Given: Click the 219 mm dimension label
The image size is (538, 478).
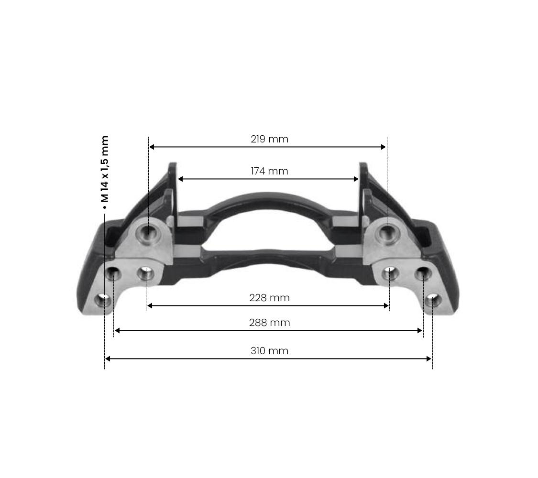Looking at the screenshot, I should pyautogui.click(x=269, y=139).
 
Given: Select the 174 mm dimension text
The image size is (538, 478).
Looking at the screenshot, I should pyautogui.click(x=269, y=171).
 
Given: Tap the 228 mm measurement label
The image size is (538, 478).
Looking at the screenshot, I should pyautogui.click(x=269, y=298).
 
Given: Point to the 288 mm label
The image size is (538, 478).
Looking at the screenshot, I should pyautogui.click(x=269, y=323).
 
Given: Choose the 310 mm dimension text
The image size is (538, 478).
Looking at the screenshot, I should pyautogui.click(x=269, y=351).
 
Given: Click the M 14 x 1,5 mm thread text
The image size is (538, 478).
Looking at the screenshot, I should pyautogui.click(x=105, y=170).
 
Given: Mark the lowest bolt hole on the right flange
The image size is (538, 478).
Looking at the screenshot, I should pyautogui.click(x=432, y=301).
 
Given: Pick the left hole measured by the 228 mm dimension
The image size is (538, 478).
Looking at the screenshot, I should pyautogui.click(x=145, y=274).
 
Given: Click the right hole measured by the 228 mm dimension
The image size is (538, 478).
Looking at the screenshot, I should pyautogui.click(x=390, y=273).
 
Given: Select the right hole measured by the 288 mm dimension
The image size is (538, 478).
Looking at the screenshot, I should pyautogui.click(x=423, y=274).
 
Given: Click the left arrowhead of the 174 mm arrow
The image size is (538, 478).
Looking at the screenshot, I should pyautogui.click(x=180, y=179).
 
